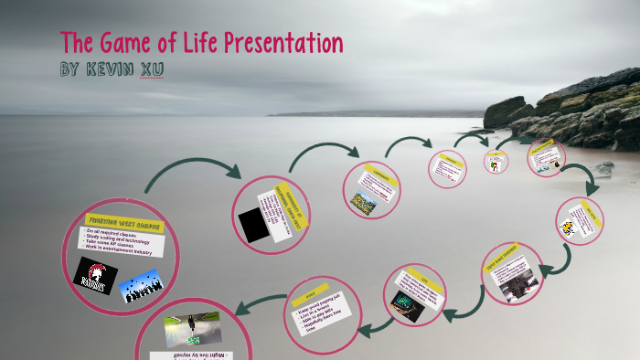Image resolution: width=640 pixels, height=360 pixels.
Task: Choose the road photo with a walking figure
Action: click(x=192, y=331)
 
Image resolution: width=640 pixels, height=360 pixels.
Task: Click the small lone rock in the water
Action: click(x=603, y=168)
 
